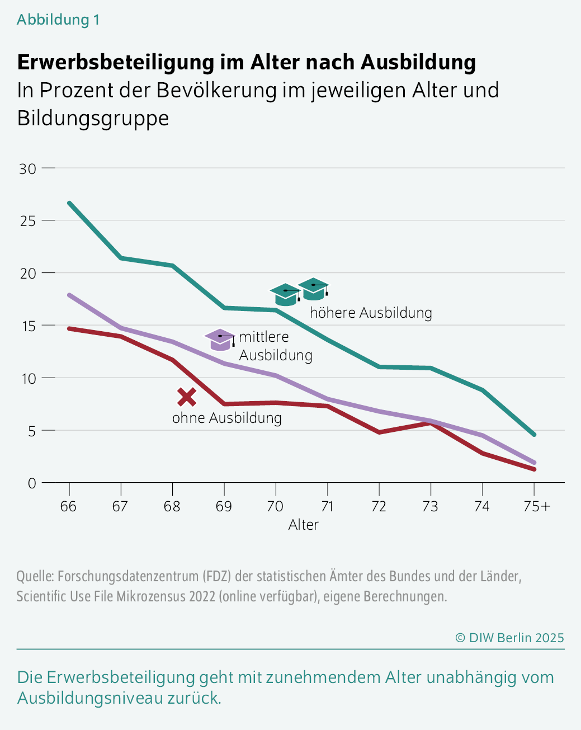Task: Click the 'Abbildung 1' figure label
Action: pyautogui.click(x=58, y=20)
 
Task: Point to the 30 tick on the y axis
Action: pyautogui.click(x=27, y=168)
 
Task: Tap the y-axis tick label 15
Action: pyautogui.click(x=27, y=326)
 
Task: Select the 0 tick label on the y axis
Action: pyautogui.click(x=32, y=483)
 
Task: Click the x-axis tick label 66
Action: pyautogui.click(x=68, y=506)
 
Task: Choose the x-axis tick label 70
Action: pyautogui.click(x=275, y=506)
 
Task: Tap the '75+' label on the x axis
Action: pyautogui.click(x=536, y=506)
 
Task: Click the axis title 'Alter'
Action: pyautogui.click(x=303, y=525)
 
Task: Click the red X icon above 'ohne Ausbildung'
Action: pyautogui.click(x=187, y=397)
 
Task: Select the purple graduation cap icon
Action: pyautogui.click(x=219, y=340)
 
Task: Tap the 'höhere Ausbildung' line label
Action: pyautogui.click(x=371, y=313)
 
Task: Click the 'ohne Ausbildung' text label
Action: pyautogui.click(x=226, y=418)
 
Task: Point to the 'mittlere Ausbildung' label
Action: pyautogui.click(x=275, y=346)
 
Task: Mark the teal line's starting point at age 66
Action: pyautogui.click(x=69, y=202)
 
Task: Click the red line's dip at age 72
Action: pyautogui.click(x=379, y=432)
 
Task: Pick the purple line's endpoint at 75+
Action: pyautogui.click(x=534, y=463)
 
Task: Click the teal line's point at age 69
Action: pyautogui.click(x=224, y=308)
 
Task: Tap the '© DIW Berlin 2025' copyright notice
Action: pyautogui.click(x=509, y=638)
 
